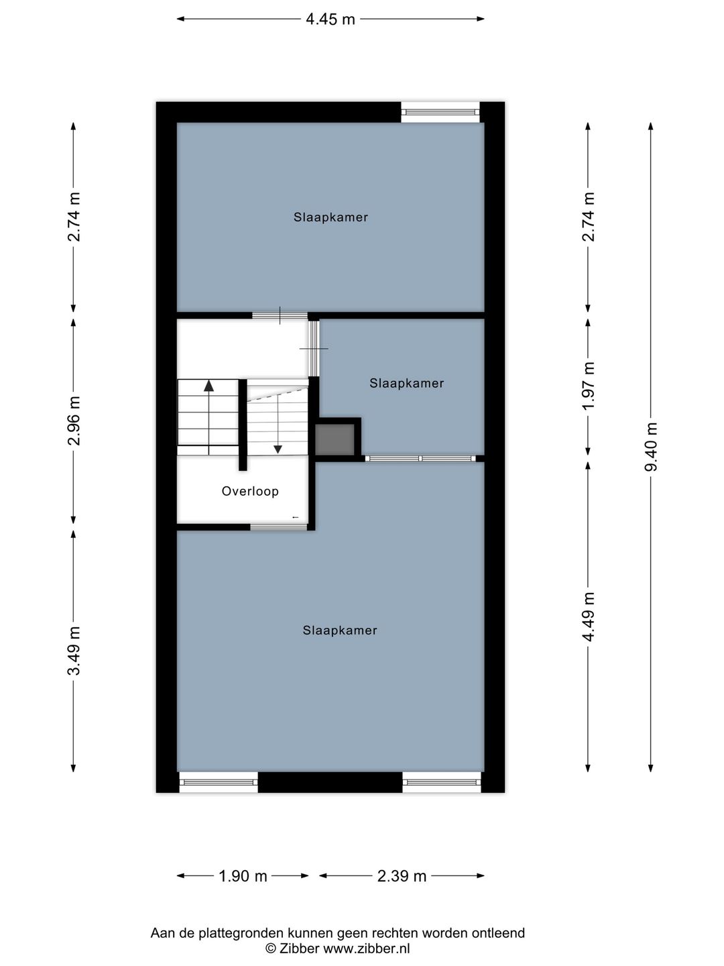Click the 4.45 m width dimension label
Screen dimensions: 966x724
coord(330,19)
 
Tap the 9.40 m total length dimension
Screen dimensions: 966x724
coord(650,447)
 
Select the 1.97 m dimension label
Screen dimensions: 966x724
coord(589,386)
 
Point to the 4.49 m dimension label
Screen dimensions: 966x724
coord(589,616)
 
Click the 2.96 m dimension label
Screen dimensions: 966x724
coord(74,421)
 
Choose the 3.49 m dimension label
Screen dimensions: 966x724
coord(74,650)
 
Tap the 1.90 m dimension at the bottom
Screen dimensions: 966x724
coord(243,875)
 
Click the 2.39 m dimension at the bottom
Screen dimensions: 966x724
coord(402,875)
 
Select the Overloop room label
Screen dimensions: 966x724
coord(250,491)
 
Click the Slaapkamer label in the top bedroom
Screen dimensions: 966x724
coord(330,217)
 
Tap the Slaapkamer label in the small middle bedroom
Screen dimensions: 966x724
coord(406,383)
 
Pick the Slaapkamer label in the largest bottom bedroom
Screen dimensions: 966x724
coord(340,631)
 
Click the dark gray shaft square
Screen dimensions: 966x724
coord(335,439)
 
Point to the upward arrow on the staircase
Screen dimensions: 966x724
coord(208,386)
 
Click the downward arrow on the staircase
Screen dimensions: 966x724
coord(278,448)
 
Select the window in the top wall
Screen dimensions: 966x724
coord(440,112)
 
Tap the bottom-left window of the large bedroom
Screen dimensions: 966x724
coord(219,782)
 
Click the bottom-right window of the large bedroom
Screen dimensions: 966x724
coord(442,782)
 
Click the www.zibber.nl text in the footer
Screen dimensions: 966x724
coord(366,949)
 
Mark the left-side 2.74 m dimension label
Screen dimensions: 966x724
coord(74,217)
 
